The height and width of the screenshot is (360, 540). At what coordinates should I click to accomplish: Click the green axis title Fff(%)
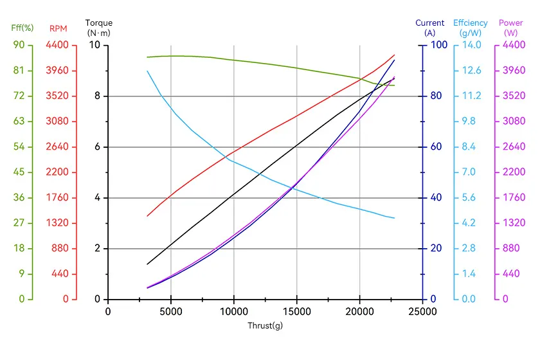pyautogui.click(x=22, y=28)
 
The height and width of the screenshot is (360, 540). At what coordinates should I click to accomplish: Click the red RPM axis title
pyautogui.click(x=59, y=28)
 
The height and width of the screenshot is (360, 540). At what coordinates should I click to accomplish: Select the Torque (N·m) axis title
pyautogui.click(x=99, y=28)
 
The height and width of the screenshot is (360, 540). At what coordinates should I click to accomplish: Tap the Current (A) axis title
pyautogui.click(x=430, y=28)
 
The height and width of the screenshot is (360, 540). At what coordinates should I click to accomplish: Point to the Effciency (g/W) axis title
pyautogui.click(x=471, y=28)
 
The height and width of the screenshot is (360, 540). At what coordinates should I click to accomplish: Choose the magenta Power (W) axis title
pyautogui.click(x=510, y=28)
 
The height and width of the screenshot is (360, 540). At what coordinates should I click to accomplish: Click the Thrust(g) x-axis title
pyautogui.click(x=265, y=325)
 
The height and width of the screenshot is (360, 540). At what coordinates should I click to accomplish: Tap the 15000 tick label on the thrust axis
pyautogui.click(x=297, y=311)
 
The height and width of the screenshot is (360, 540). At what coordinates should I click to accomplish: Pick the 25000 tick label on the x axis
pyautogui.click(x=422, y=311)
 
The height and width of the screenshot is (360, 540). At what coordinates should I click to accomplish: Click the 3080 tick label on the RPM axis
pyautogui.click(x=57, y=121)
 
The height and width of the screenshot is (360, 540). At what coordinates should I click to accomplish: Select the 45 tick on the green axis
pyautogui.click(x=19, y=172)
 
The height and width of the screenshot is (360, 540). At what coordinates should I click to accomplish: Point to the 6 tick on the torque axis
pyautogui.click(x=98, y=147)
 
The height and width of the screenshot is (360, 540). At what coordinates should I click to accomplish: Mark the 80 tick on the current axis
pyautogui.click(x=436, y=96)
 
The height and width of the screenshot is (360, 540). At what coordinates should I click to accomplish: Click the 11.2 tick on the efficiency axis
pyautogui.click(x=471, y=96)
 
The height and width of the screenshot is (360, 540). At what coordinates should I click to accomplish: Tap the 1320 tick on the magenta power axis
pyautogui.click(x=514, y=223)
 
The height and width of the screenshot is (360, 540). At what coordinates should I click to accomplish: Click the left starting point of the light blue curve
pyautogui.click(x=147, y=71)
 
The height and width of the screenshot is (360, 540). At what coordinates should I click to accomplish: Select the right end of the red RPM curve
pyautogui.click(x=394, y=55)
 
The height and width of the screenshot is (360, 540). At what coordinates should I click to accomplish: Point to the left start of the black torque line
pyautogui.click(x=147, y=264)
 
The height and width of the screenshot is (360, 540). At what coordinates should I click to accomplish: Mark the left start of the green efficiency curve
pyautogui.click(x=147, y=57)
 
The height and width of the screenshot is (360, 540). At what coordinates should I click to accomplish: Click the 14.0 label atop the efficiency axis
pyautogui.click(x=471, y=45)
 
